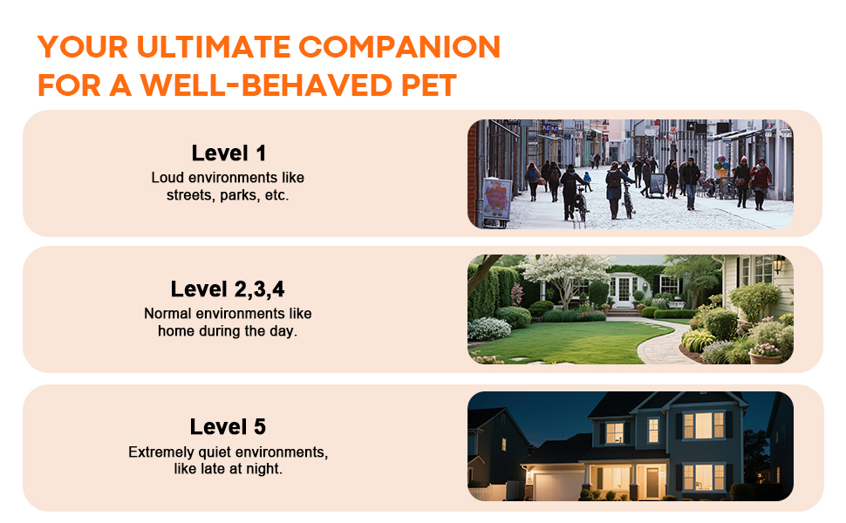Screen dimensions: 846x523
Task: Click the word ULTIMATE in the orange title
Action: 214,46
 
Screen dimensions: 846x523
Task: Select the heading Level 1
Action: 229,153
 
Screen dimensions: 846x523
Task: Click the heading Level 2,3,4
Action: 228,289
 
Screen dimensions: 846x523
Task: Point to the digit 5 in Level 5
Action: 260,427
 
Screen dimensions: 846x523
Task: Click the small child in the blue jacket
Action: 588,181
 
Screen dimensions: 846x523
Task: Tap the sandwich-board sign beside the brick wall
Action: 496,200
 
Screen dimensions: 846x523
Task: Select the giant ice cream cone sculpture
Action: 721,167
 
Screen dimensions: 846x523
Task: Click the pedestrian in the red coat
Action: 761,183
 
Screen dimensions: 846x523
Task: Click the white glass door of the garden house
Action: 624,289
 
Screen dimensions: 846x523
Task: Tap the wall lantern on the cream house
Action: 778,263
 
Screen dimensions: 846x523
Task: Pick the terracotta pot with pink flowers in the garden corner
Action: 765,354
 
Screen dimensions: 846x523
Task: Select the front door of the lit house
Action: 652,483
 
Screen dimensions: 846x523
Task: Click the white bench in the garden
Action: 676,304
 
